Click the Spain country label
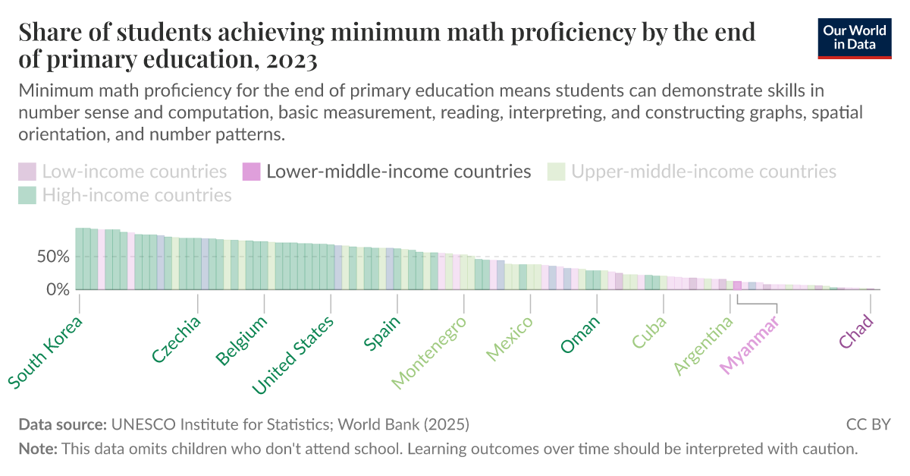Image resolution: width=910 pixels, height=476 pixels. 382,333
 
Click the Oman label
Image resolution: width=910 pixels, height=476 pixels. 580,334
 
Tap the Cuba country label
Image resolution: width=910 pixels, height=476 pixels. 649,333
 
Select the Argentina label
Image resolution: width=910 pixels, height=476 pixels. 704,346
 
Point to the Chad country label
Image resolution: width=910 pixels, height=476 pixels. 857,332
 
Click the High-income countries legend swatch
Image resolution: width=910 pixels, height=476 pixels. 27,196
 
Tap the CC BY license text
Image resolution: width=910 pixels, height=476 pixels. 868,424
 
